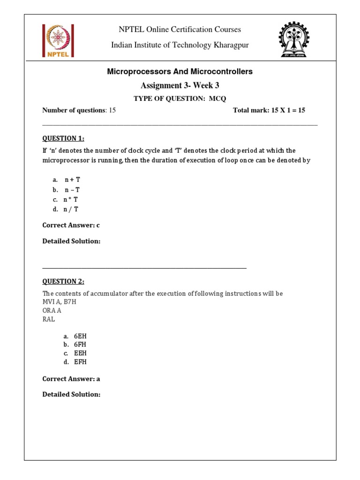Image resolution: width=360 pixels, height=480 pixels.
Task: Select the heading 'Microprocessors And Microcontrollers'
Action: tap(180, 72)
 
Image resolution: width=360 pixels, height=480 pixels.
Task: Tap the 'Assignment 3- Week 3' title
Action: tap(180, 85)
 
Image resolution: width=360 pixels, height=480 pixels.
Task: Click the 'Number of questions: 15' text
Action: tap(79, 110)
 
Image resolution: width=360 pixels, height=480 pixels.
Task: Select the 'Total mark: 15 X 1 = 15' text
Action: tap(269, 110)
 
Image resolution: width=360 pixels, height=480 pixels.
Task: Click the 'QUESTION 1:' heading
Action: tap(63, 138)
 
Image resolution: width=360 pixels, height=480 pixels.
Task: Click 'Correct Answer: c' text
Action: tap(71, 225)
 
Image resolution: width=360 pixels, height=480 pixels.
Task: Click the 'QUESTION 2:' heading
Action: tap(63, 281)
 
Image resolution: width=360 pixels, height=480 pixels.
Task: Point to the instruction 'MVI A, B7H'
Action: tap(59, 301)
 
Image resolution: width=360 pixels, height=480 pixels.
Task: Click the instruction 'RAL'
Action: tap(49, 319)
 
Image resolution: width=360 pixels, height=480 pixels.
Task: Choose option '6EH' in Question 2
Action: tap(80, 336)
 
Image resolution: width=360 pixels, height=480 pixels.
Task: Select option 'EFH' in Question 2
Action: tap(80, 362)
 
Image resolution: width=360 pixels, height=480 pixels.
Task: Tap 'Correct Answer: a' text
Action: tap(71, 379)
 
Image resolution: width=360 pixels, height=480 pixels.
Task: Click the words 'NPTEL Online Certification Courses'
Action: tap(180, 30)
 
